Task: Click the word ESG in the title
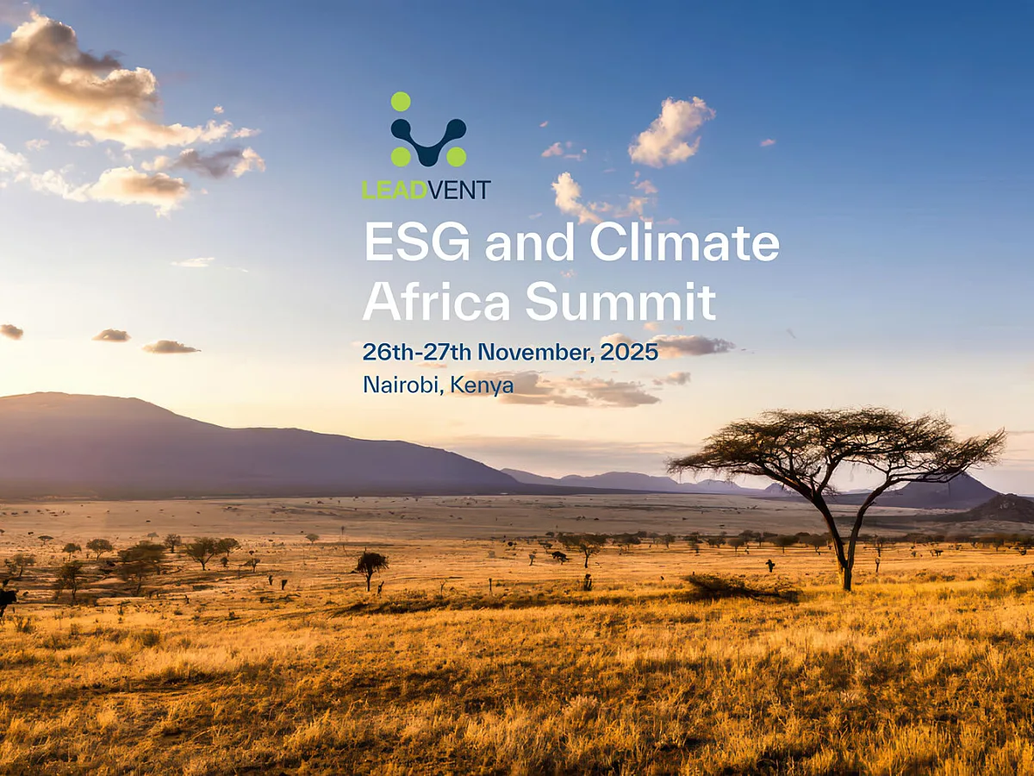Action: coord(417,242)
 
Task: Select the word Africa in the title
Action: coord(437,302)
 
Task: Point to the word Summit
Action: coord(620,302)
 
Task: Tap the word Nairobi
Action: coord(403,385)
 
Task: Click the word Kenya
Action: coord(483,385)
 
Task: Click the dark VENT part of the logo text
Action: coord(459,190)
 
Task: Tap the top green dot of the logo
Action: coord(401,102)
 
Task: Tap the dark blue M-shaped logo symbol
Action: coord(428,138)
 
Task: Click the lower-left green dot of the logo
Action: coord(401,156)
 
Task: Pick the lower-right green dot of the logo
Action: coord(456,156)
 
